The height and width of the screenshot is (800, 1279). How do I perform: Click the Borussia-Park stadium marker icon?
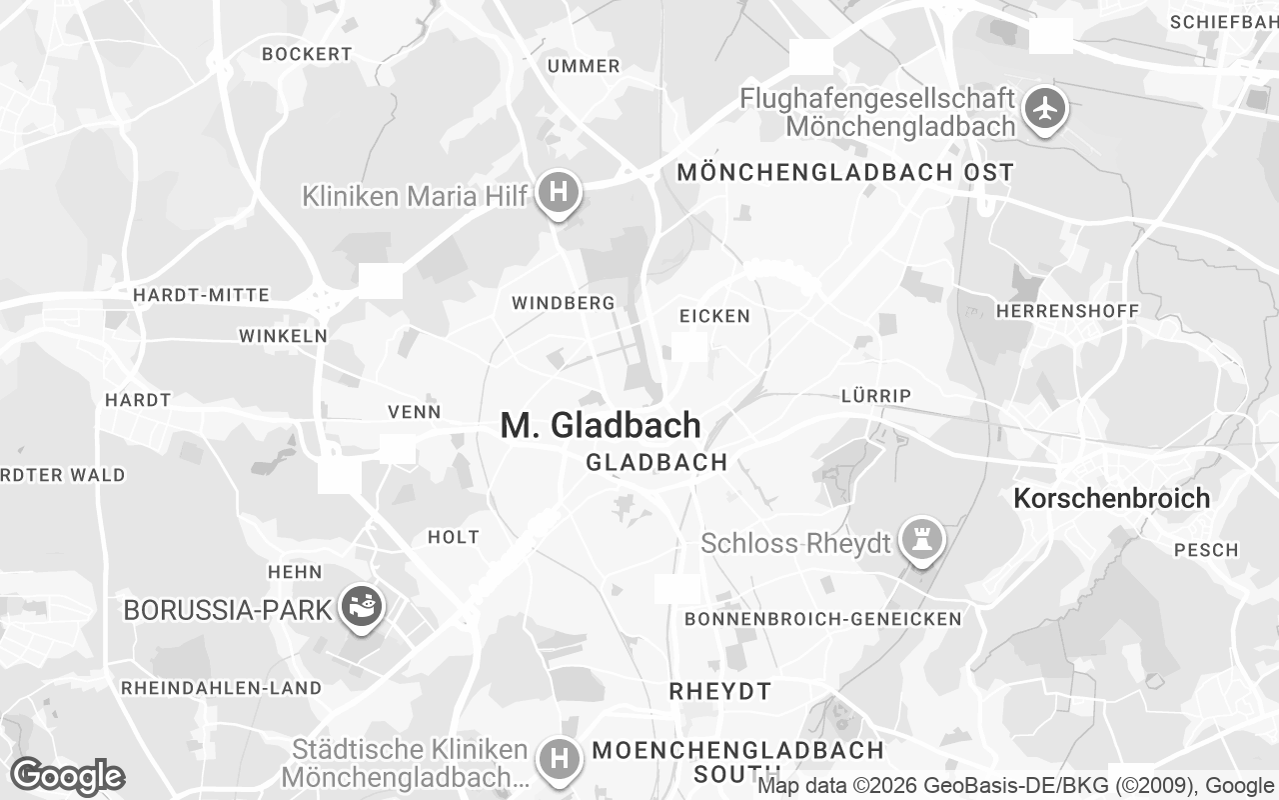click(361, 606)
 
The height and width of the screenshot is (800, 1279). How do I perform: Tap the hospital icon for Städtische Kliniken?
click(559, 758)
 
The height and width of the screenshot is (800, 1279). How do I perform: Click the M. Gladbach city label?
click(601, 425)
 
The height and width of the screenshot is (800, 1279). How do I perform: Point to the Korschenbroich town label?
click(1111, 498)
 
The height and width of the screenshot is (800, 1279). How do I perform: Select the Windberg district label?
click(563, 302)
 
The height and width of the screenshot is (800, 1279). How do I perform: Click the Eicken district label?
click(714, 316)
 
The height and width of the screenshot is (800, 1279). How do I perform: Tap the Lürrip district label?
click(875, 396)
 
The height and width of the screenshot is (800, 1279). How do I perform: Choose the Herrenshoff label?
click(1067, 311)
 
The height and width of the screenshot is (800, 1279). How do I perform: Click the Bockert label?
click(307, 54)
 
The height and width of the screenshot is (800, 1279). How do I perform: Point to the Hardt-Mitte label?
click(201, 295)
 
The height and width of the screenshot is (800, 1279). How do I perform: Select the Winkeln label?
click(283, 336)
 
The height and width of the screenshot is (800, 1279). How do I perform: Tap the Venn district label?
click(414, 412)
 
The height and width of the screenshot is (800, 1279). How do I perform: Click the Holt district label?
click(454, 537)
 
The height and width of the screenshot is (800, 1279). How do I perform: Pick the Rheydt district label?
click(719, 691)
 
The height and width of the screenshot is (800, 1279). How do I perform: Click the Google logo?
click(67, 776)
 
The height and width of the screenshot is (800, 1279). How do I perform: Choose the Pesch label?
click(1206, 550)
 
